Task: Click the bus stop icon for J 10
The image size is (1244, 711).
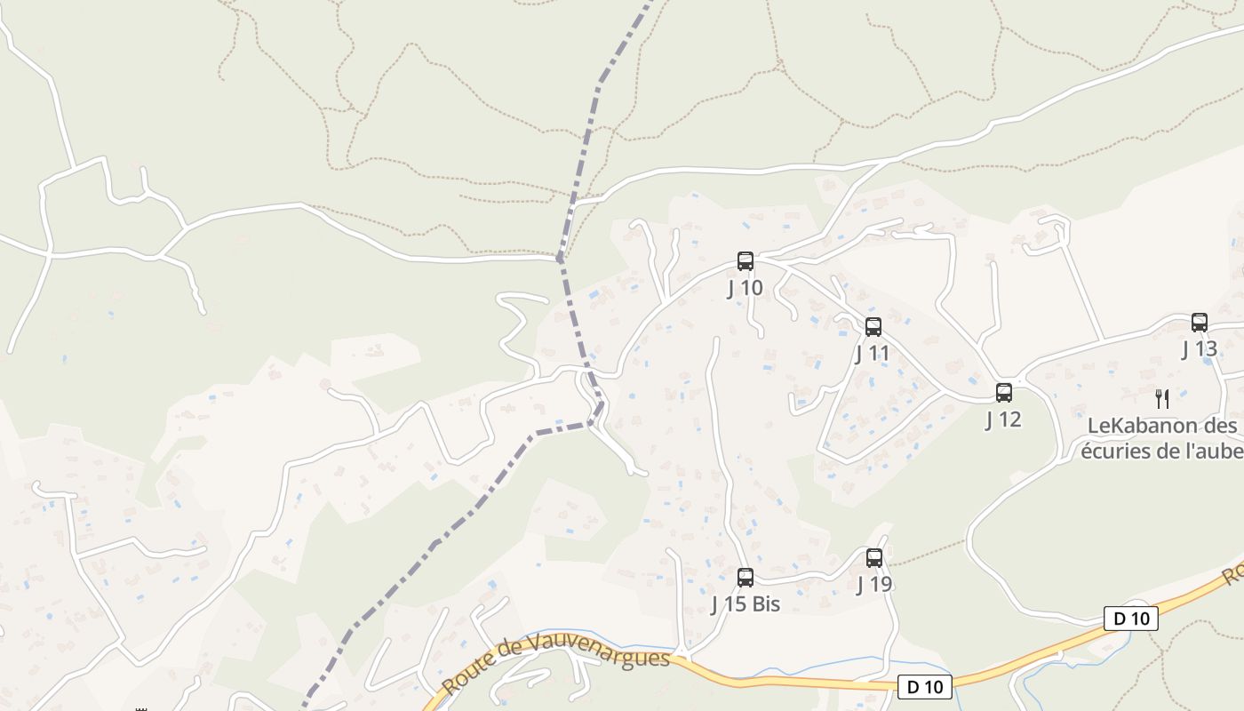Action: pos(746,261)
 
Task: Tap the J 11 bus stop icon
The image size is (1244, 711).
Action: pos(873,327)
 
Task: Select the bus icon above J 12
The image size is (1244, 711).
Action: pos(1004,393)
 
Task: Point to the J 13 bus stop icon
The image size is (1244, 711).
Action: pos(1200,323)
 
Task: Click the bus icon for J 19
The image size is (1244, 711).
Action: pos(874,558)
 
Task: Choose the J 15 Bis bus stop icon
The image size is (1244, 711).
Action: pos(746,578)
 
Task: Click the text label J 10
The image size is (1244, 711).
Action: pos(746,288)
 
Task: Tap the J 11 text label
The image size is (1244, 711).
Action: pos(873,354)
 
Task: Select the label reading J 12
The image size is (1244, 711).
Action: pos(1004,419)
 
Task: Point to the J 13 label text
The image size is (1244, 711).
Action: pos(1200,349)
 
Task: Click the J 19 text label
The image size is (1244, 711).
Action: pos(874,585)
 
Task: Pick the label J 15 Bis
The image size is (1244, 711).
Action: pos(746,604)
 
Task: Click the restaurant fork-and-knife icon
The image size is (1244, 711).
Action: pos(1161,398)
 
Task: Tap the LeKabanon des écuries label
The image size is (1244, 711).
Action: pos(1160,438)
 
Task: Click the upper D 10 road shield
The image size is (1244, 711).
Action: pos(1131,619)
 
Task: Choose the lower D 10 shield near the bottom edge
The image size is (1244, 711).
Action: pos(925,686)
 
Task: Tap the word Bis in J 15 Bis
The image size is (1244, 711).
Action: pos(764,604)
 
